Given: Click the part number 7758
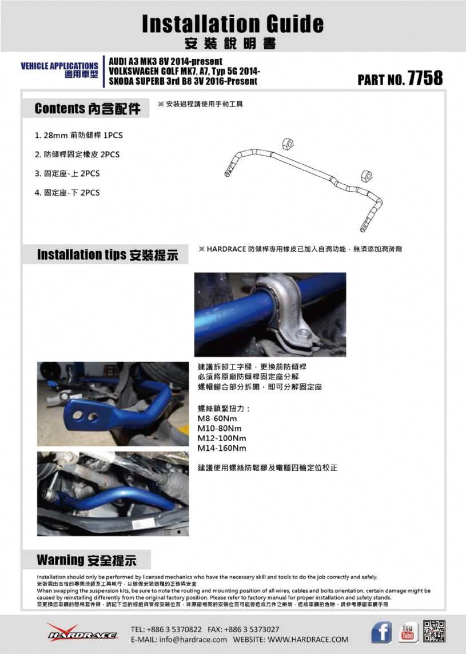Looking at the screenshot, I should pyautogui.click(x=425, y=78).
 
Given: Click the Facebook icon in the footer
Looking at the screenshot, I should pyautogui.click(x=381, y=632).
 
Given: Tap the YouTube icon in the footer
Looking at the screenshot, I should pyautogui.click(x=408, y=632).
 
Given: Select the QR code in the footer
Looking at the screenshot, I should pyautogui.click(x=435, y=631).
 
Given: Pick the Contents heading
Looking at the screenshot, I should pyautogui.click(x=87, y=108).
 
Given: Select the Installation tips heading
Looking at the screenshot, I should pyautogui.click(x=111, y=255).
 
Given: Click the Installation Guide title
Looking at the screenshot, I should pyautogui.click(x=232, y=23).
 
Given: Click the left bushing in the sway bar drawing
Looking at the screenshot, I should pyautogui.click(x=288, y=144).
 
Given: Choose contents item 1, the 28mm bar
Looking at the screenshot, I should pyautogui.click(x=79, y=136).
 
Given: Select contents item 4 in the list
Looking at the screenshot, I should pyautogui.click(x=67, y=193).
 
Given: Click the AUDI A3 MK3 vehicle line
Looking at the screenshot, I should pyautogui.click(x=166, y=61).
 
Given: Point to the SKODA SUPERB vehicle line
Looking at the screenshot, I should pyautogui.click(x=183, y=81).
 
